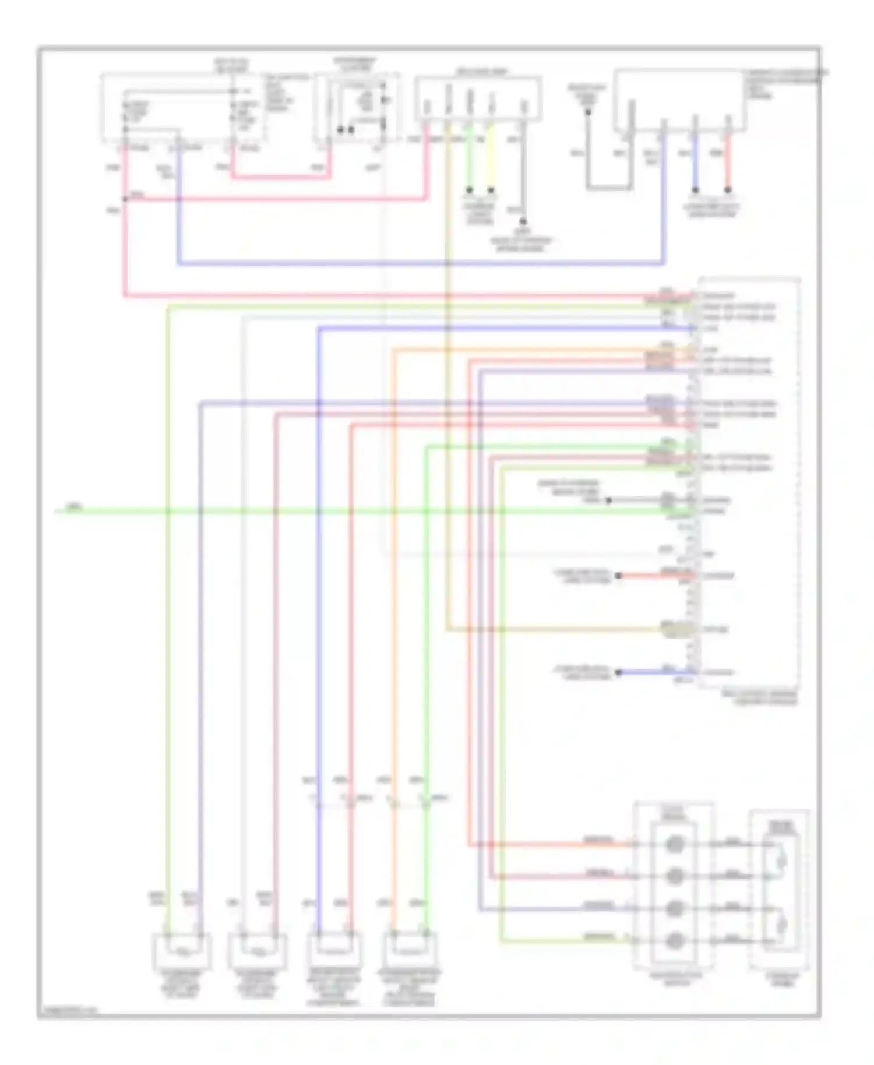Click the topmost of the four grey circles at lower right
tap(674, 844)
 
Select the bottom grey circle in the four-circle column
tap(674, 940)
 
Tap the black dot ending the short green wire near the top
tap(469, 191)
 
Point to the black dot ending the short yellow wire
tap(491, 191)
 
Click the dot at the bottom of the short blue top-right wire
tap(695, 191)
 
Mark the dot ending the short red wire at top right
tap(727, 191)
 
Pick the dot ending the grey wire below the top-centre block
tap(523, 221)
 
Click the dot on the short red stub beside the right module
tap(619, 576)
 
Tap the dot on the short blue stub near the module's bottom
tap(619, 672)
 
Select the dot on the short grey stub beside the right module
tap(608, 500)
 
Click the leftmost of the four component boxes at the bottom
tap(182, 951)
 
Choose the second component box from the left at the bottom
tap(257, 951)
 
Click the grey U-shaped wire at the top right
tap(609, 188)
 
